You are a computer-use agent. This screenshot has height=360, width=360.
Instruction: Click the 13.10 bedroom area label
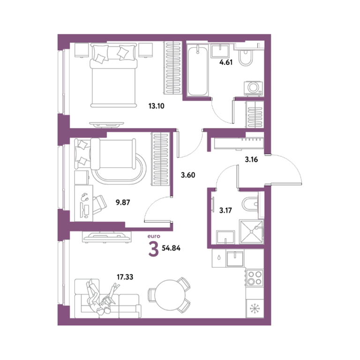tap(157, 106)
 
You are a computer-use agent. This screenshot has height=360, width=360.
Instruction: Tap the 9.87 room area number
tap(123, 202)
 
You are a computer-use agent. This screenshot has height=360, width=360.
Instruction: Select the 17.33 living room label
tap(125, 277)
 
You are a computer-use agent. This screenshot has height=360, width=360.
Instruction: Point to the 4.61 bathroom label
tap(226, 62)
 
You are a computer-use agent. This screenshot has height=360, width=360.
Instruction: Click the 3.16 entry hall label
tap(251, 159)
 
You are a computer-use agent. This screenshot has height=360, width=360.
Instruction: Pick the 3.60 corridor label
tap(188, 175)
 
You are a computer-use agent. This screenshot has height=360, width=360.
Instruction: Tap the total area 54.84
tap(171, 248)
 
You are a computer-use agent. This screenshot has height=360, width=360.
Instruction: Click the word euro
tap(154, 236)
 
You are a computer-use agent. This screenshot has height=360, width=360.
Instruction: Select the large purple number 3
tap(154, 249)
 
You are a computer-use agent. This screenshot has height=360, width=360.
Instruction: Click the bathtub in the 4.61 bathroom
tap(197, 70)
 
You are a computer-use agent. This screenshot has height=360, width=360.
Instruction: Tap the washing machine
tap(254, 88)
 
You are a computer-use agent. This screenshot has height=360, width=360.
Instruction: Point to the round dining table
tap(170, 295)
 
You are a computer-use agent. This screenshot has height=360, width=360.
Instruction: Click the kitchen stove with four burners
tap(255, 278)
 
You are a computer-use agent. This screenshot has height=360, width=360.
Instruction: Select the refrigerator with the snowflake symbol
tap(255, 308)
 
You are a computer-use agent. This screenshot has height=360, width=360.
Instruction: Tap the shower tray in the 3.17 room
tap(251, 232)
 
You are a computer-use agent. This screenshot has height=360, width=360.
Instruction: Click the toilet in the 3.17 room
tap(251, 203)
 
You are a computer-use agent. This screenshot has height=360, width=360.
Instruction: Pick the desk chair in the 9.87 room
tap(99, 204)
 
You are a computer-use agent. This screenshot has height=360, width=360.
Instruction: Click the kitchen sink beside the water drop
tap(235, 259)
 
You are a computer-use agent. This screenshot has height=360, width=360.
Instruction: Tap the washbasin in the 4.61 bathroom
tap(220, 51)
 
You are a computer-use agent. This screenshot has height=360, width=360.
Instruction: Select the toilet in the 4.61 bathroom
tap(245, 57)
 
